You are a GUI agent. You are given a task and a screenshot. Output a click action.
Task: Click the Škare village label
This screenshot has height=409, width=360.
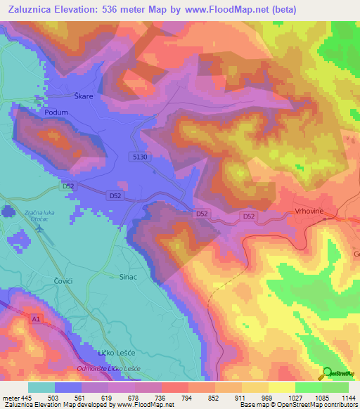click(83, 96)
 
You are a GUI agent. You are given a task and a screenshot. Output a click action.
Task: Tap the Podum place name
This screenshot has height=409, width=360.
click(56, 112)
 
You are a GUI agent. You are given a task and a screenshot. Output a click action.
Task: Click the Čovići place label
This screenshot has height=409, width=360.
click(64, 280)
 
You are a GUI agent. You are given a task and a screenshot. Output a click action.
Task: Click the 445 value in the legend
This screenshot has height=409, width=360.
click(27, 398)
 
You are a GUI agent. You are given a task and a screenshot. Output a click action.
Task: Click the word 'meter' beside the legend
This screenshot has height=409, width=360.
click(11, 398)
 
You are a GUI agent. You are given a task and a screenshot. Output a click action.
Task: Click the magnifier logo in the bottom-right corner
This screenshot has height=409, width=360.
click(327, 373)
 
